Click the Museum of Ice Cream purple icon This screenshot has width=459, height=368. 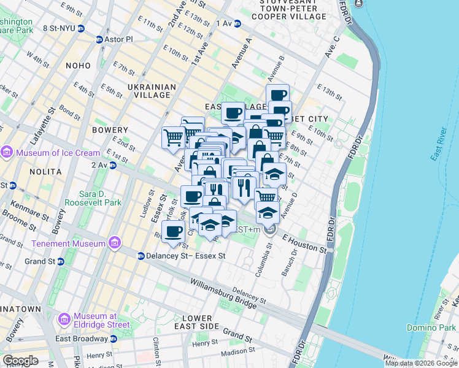pos(7,152)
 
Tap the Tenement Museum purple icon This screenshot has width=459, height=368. pos(114,243)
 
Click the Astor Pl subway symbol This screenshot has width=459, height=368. pos(100,39)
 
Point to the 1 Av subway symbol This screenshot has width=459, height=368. pos(237,23)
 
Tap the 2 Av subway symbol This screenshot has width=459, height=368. pos(112,166)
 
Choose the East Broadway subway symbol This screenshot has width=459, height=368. pos(113,339)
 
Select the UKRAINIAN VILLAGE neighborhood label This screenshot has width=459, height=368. pos(148,91)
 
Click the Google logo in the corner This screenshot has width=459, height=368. pos(21,361)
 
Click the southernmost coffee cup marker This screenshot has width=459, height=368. pos(174,232)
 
